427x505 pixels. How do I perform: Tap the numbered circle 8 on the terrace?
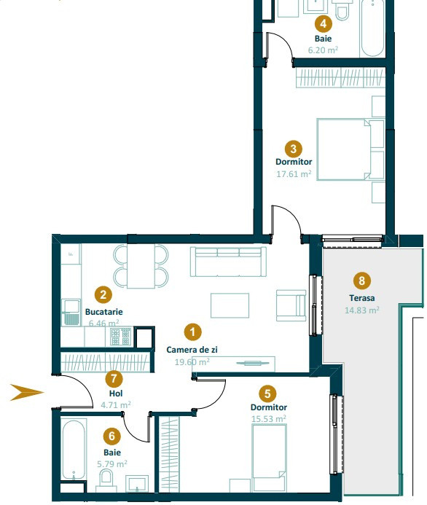pos(360,280)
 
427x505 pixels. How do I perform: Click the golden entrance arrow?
pos(26,393)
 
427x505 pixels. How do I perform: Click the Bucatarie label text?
pos(103,311)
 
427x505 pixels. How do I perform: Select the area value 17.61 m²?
pos(294,173)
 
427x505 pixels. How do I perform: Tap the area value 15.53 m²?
pos(267,419)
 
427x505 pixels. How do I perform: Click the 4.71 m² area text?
pos(114,404)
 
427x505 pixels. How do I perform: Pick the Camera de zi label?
pos(192,350)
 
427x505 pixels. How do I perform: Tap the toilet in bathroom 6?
pos(106,479)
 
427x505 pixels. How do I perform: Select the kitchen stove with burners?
pos(120,337)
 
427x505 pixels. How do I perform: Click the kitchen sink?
pos(71,312)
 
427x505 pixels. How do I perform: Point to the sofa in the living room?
pos(226,261)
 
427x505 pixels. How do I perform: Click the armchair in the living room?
pos(291,305)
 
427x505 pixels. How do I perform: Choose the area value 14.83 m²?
pos(361,310)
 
